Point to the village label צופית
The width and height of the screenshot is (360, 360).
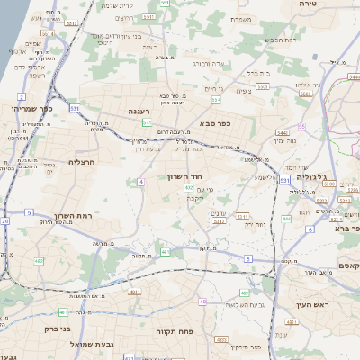coord(244,90)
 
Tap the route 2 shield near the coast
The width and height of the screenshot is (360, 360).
coord(21,95)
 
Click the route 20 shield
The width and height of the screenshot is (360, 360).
coord(4,220)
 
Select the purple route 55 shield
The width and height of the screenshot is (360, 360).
coord(301,127)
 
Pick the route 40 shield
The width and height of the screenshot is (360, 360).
coord(202,301)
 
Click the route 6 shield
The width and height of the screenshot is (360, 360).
coord(311,229)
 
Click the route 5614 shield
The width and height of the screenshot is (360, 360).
coord(46,35)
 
